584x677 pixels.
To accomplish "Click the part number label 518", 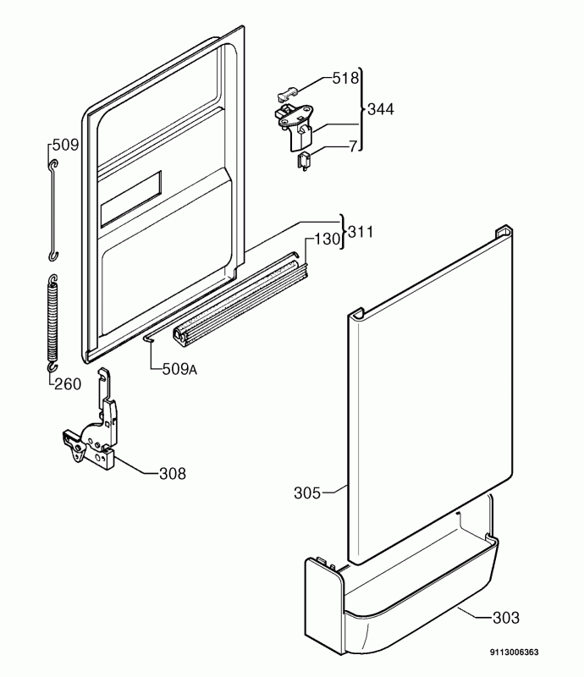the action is tap(345, 78).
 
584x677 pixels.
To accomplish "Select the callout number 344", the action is tap(381, 110).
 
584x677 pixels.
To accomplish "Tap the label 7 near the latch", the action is tap(353, 146).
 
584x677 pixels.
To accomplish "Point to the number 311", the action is tap(361, 232).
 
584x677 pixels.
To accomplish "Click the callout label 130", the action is tap(327, 239).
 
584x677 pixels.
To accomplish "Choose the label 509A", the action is tap(179, 369).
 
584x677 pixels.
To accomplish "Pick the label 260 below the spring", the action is tap(68, 384).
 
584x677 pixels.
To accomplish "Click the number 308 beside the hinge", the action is tap(173, 474).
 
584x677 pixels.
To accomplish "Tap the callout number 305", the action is tap(307, 493).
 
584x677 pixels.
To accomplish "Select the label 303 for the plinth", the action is tap(506, 618).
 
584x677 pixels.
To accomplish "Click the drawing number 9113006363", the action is tap(514, 652).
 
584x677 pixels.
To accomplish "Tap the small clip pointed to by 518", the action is tap(286, 93).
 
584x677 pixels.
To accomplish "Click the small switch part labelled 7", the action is tap(304, 162).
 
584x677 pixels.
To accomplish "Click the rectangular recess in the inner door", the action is tap(131, 199).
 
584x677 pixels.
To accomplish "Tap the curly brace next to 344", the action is tap(362, 110).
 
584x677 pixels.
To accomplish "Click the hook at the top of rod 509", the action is tap(52, 164).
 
